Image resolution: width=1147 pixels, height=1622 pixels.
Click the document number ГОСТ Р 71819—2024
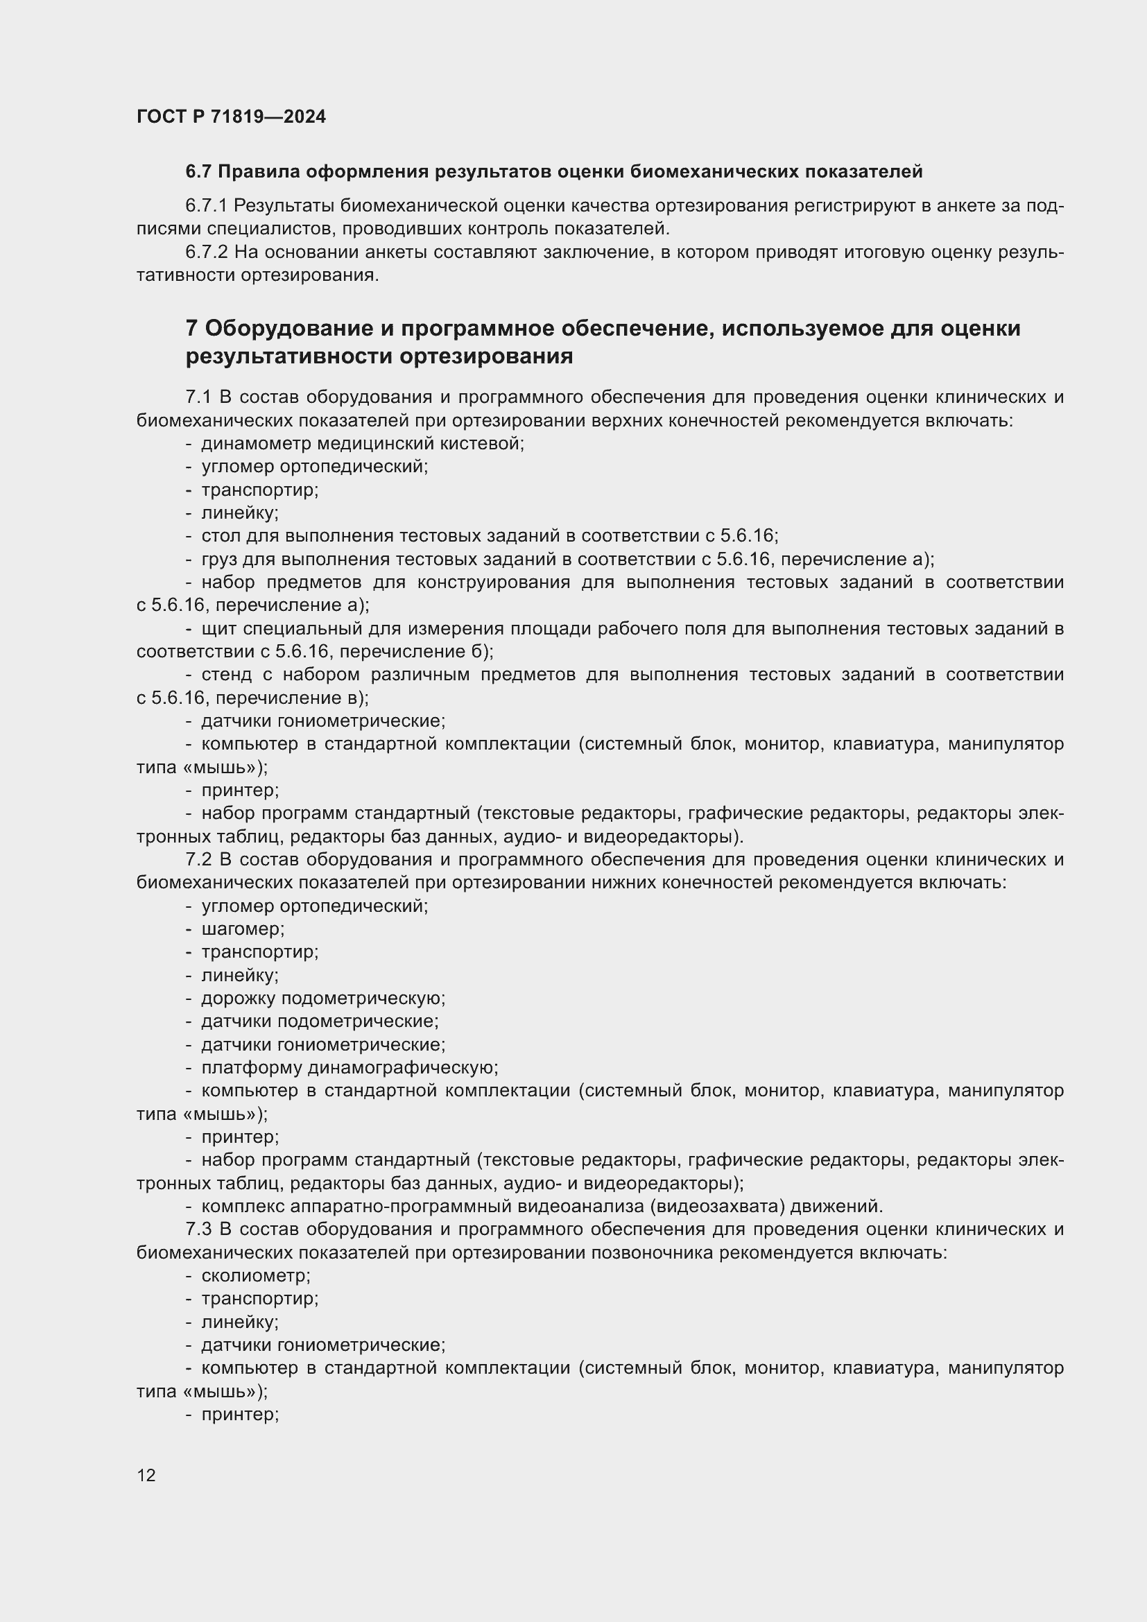click(231, 117)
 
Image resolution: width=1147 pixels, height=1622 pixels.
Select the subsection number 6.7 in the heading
click(199, 172)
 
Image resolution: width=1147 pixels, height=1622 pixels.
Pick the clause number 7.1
click(198, 397)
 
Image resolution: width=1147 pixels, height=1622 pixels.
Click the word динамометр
click(256, 444)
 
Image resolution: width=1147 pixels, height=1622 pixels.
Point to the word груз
click(219, 560)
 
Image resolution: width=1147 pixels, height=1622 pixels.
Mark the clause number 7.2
click(198, 860)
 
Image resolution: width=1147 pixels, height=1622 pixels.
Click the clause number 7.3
click(198, 1230)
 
